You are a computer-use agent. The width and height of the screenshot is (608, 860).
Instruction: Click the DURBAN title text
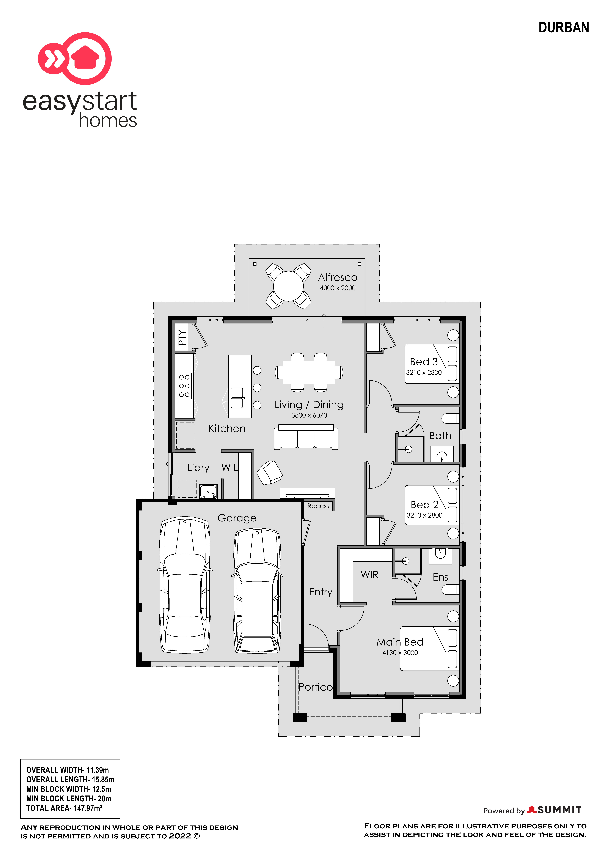point(563,28)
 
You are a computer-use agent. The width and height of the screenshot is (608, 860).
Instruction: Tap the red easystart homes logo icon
point(75,58)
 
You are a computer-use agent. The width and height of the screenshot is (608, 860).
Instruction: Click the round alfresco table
point(288,286)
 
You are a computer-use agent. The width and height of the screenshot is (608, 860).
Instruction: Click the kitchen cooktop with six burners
point(184,386)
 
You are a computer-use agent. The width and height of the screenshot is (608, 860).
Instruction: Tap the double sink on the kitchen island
point(237,398)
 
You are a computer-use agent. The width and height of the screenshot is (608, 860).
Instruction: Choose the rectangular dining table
point(309,372)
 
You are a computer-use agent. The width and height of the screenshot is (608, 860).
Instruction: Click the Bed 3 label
point(424,362)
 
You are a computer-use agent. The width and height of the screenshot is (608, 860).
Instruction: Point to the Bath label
point(440,436)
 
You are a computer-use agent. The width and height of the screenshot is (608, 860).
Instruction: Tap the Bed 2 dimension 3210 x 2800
point(425,515)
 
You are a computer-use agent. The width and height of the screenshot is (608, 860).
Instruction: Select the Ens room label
point(440,577)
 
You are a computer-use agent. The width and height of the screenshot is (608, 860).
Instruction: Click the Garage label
point(237,518)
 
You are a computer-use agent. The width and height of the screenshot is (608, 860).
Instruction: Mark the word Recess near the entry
point(318,506)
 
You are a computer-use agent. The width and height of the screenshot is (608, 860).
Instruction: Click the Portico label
point(316,687)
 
